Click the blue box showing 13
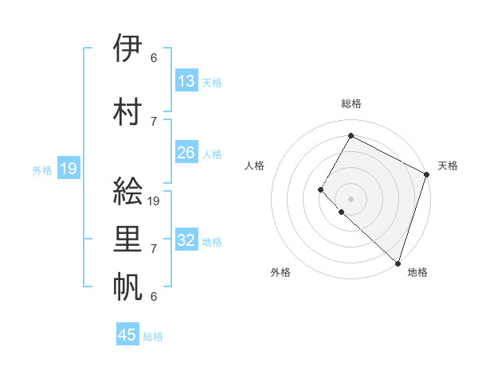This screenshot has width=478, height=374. (x=186, y=80)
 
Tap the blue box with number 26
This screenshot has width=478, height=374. (x=186, y=153)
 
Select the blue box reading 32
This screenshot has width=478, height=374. (x=186, y=240)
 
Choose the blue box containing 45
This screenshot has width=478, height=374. (x=127, y=335)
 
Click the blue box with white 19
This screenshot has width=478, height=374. (x=69, y=169)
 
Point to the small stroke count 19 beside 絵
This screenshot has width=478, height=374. (x=155, y=201)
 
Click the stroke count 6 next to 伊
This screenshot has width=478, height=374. (x=154, y=58)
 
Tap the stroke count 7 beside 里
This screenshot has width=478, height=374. (x=154, y=249)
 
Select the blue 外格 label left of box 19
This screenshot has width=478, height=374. (x=42, y=169)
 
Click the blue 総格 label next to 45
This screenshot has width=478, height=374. (x=153, y=337)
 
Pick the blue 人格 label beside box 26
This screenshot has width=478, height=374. (x=212, y=154)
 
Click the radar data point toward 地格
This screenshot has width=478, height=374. (x=398, y=263)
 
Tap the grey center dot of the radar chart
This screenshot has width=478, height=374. (x=351, y=198)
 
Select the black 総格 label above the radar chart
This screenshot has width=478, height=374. (x=351, y=103)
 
